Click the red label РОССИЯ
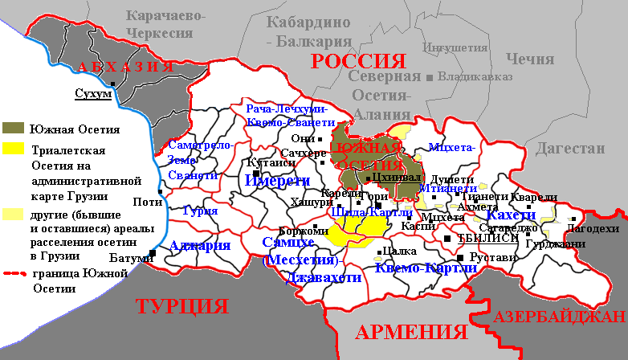coord(357,62)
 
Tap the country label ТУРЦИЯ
coord(181,306)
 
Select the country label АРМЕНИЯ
coord(411,333)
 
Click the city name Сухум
coord(92,94)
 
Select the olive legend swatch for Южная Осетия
coord(14,129)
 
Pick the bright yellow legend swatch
coord(14,149)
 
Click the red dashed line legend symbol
coord(14,275)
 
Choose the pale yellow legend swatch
coord(14,215)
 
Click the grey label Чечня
coord(529,59)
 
